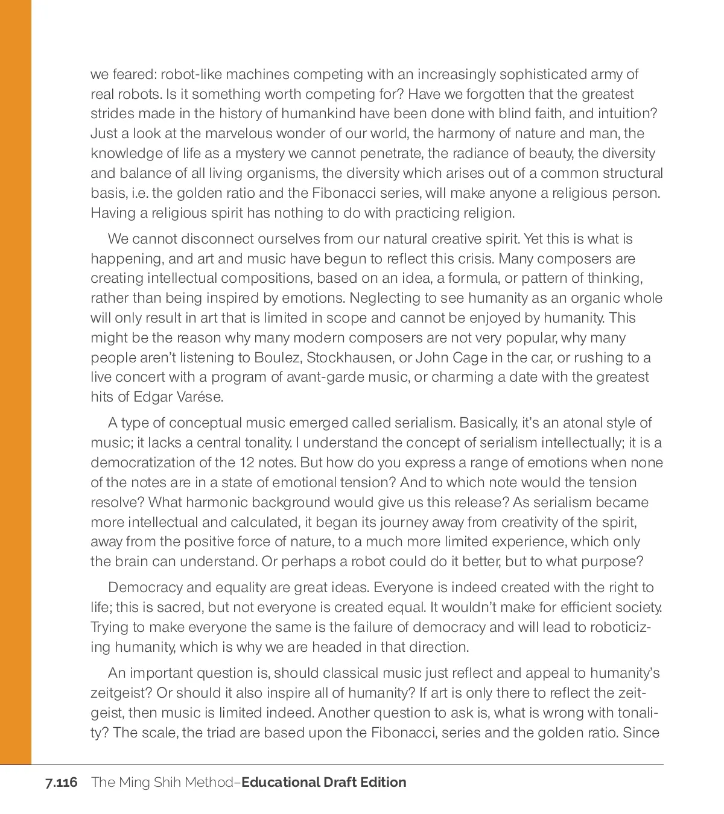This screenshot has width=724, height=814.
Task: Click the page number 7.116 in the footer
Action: tap(61, 783)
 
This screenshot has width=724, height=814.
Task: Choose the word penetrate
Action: tap(390, 153)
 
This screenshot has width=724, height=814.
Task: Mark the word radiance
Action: tap(478, 153)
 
